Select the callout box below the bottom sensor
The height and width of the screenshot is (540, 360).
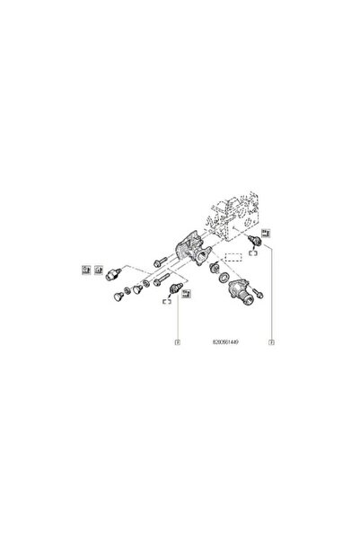[179, 341]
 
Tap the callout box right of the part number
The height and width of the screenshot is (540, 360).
[269, 341]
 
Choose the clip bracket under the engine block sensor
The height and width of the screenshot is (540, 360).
[256, 255]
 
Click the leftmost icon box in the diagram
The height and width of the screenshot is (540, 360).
[86, 268]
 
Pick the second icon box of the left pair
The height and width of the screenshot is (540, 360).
[97, 268]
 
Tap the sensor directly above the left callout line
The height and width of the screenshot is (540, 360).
[179, 291]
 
